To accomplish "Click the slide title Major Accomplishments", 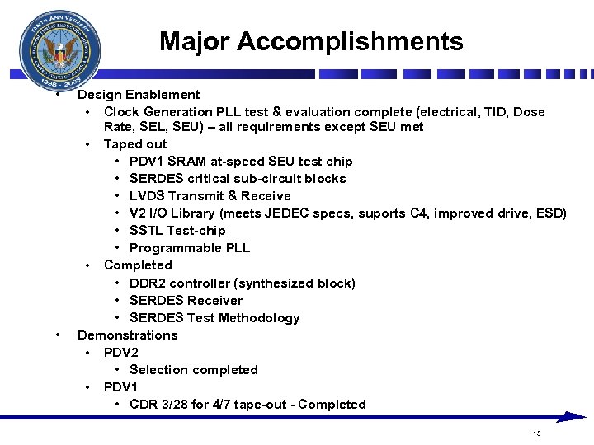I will tap(311, 41).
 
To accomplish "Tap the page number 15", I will tap(536, 433).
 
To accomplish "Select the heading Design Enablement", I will tap(139, 95).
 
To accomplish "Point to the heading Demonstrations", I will tap(127, 335).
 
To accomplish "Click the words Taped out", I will tap(134, 144).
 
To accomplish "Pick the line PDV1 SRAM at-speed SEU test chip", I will tap(241, 162).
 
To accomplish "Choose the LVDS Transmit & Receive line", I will tap(210, 196).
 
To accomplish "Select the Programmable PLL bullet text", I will tap(190, 248).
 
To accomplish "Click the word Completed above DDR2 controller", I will tap(138, 265).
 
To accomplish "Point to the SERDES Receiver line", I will tap(186, 301).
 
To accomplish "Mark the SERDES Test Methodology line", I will tap(214, 318).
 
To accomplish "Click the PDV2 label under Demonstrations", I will tap(120, 353).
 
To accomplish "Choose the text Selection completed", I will tap(194, 370).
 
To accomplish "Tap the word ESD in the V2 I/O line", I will tap(549, 213).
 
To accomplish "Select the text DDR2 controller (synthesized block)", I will tap(243, 283).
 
